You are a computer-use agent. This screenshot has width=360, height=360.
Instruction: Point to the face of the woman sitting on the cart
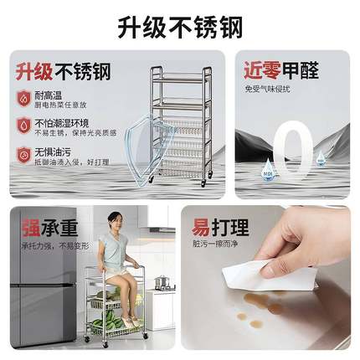click(114, 222)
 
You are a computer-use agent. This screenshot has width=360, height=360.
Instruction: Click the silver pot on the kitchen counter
click(162, 281)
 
